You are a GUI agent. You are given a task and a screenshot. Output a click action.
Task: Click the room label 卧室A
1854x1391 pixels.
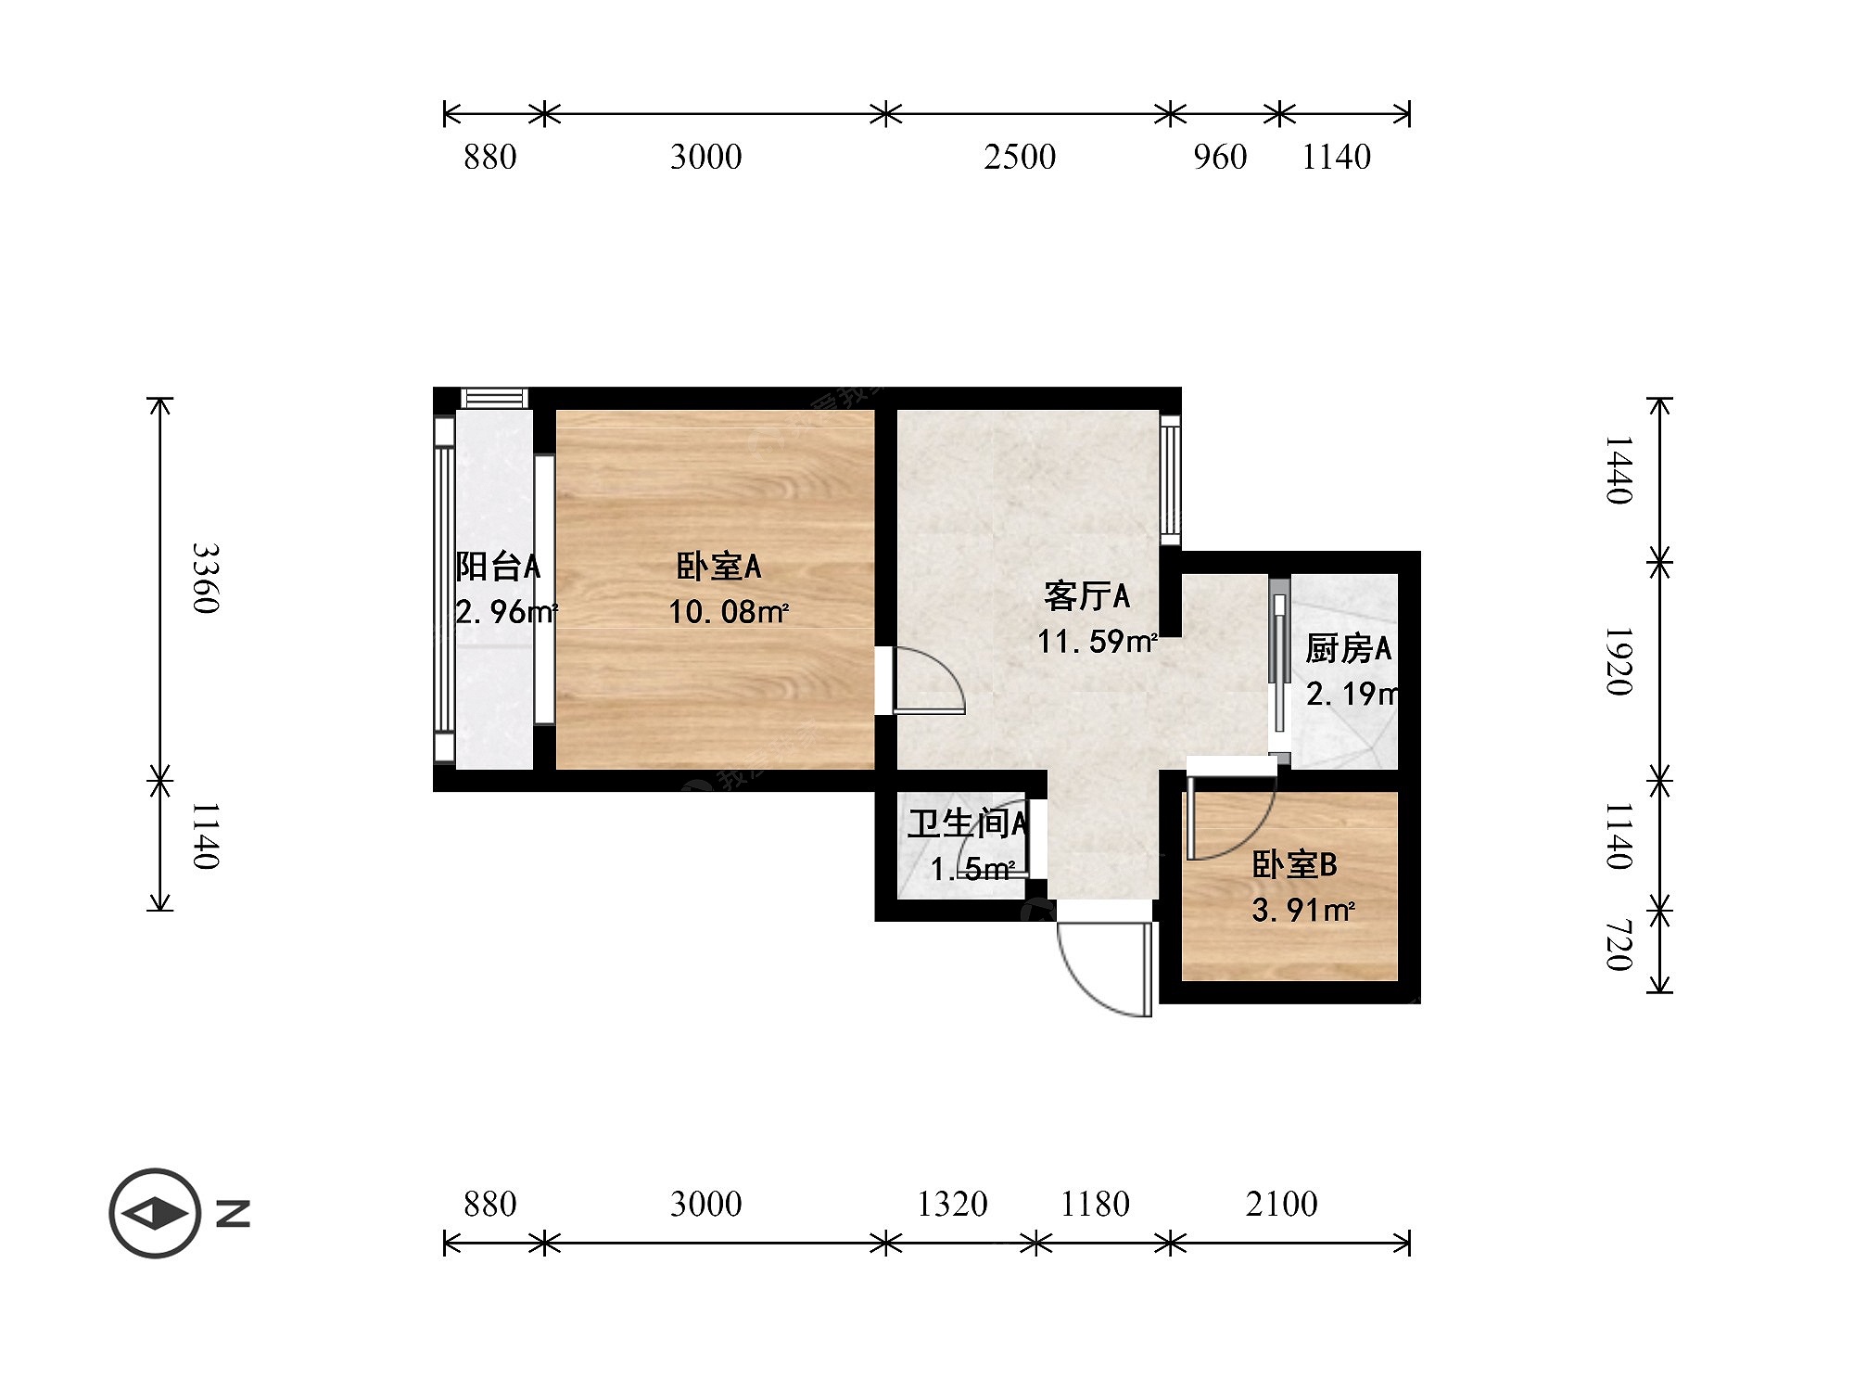[718, 567]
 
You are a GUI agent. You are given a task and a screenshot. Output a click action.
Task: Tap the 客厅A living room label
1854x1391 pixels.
[1086, 596]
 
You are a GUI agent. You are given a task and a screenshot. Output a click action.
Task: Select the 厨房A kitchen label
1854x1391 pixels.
[1348, 649]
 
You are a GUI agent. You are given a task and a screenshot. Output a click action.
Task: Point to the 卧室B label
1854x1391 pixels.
[1294, 864]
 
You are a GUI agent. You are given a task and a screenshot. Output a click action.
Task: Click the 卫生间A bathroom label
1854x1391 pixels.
[968, 823]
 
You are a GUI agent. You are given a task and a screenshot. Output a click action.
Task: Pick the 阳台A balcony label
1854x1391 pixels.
[498, 566]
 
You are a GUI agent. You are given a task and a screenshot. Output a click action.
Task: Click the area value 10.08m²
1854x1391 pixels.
[729, 612]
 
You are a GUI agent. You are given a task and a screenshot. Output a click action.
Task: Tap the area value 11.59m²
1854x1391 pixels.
[1098, 642]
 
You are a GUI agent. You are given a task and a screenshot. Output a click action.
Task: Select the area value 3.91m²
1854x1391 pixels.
[1303, 911]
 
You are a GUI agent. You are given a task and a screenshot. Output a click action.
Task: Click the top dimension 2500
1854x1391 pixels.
[1020, 157]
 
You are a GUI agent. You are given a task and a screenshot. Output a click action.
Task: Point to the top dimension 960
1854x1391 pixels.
[1220, 157]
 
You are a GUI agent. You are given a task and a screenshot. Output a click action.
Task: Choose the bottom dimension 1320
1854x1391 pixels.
[952, 1204]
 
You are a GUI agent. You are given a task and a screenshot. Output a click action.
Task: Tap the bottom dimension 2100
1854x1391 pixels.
[1281, 1204]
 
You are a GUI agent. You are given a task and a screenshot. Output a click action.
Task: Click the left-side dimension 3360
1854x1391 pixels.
[206, 579]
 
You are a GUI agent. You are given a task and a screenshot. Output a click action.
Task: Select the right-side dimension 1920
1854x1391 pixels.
[1619, 661]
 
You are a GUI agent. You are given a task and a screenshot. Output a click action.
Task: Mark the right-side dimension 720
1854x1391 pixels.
[1619, 945]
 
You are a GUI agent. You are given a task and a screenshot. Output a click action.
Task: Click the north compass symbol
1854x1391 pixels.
[156, 1213]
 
